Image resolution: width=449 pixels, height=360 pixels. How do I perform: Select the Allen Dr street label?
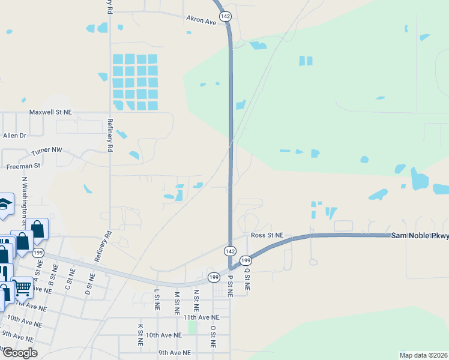14,136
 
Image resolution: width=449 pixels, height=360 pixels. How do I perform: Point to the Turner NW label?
47,149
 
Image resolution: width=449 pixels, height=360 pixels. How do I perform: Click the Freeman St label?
23,165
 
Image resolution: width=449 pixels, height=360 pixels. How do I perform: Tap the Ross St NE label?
267,236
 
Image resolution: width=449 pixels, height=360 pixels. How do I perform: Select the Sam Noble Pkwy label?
420,236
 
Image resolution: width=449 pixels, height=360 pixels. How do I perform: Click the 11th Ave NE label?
202,317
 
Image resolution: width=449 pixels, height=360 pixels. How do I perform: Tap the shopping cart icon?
22,287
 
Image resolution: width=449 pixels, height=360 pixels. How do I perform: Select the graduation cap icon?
5,204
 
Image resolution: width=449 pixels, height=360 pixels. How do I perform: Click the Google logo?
19,353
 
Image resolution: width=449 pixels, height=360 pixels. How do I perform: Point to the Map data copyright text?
423,355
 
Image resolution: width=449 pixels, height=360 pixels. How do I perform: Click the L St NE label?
157,300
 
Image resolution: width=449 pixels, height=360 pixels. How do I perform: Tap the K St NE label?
140,334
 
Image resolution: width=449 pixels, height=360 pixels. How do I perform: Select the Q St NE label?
247,280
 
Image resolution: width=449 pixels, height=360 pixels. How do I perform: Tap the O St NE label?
212,337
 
